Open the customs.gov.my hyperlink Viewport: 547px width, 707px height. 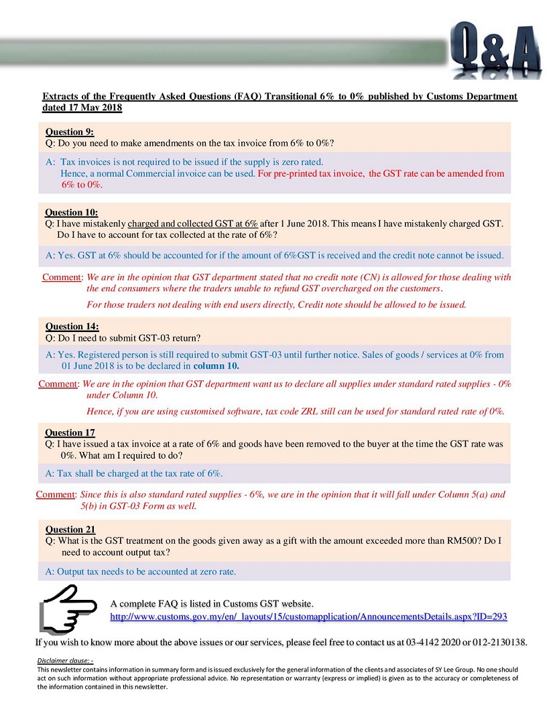308,616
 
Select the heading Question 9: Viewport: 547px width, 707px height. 70,132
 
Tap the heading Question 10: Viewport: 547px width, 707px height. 72,212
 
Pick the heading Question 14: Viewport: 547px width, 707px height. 72,327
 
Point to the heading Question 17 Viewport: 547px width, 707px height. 70,433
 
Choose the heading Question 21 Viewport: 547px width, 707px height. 70,530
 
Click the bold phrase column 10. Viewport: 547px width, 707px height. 216,366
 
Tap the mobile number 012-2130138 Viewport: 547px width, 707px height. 497,642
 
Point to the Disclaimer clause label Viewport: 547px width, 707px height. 65,661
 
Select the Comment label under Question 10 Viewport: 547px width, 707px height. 62,277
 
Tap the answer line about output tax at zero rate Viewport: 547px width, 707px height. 141,572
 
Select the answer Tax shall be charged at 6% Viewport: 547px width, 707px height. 134,473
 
